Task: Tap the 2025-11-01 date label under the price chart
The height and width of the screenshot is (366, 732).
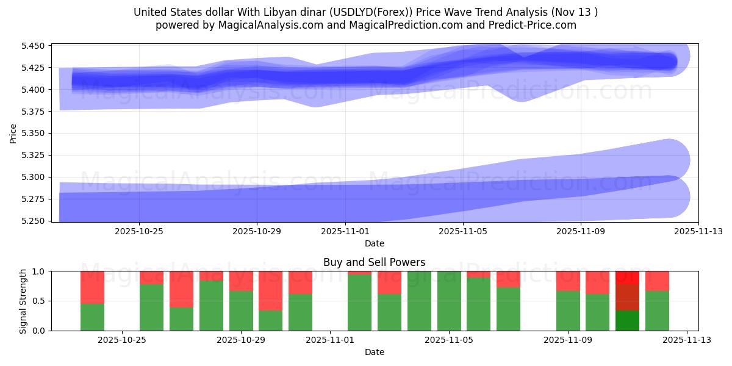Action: click(x=345, y=232)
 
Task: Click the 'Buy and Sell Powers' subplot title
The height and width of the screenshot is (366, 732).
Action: click(x=374, y=262)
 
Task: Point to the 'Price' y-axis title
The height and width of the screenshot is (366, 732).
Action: click(x=14, y=133)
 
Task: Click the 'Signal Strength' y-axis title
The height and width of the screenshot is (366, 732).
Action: click(x=23, y=301)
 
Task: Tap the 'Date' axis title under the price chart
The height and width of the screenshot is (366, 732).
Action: click(x=374, y=243)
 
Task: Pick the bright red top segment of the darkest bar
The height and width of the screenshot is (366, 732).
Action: click(x=627, y=277)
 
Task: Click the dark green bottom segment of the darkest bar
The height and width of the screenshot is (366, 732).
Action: click(x=627, y=320)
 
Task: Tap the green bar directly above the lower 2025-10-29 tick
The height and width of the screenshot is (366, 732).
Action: click(x=241, y=311)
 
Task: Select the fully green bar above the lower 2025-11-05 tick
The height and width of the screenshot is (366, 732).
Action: click(x=449, y=301)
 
